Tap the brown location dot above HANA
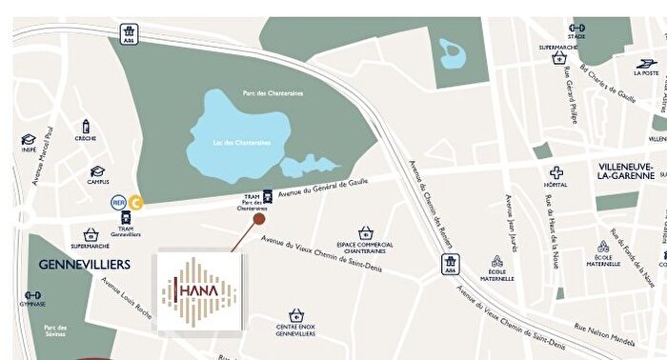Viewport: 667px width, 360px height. [259, 219]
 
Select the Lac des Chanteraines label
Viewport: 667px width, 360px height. [242, 143]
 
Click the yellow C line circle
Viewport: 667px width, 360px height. [137, 201]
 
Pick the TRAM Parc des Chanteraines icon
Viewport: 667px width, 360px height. [268, 195]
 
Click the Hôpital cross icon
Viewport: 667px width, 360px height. [556, 172]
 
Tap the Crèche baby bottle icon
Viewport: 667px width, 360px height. [86, 127]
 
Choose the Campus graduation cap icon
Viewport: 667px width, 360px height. [97, 171]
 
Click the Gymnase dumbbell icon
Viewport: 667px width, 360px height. [30, 292]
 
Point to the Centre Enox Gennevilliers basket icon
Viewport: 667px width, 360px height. [296, 314]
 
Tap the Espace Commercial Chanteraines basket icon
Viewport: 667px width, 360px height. [366, 232]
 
